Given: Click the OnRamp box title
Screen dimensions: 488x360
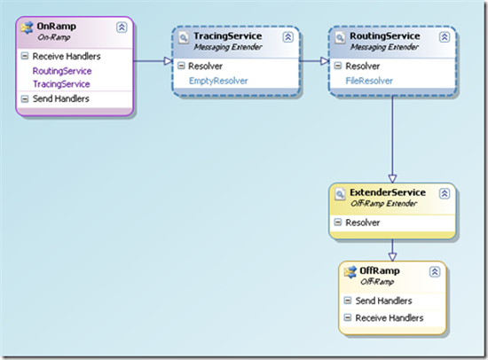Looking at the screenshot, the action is [x=56, y=26].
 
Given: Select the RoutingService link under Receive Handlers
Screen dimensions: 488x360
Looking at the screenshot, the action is [x=62, y=71].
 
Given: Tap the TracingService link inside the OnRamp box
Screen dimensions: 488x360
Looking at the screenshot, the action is [x=61, y=84].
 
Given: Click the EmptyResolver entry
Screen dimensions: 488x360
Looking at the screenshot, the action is [x=218, y=81].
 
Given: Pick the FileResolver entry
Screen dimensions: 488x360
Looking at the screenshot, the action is [x=369, y=81].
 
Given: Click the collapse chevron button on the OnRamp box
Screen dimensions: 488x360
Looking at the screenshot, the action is [x=122, y=27].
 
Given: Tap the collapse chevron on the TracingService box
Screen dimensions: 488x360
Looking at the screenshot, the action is [x=287, y=37].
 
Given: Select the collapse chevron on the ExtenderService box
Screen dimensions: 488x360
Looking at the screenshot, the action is [x=445, y=193].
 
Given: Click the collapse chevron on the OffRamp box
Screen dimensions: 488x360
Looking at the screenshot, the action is [x=435, y=271].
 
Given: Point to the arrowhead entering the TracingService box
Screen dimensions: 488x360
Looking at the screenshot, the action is [x=169, y=61].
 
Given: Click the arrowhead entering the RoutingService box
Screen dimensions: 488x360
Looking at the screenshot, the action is [x=325, y=61].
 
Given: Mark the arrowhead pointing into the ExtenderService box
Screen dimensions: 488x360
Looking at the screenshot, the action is [x=392, y=178].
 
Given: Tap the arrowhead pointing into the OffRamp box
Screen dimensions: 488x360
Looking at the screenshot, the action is [x=392, y=256].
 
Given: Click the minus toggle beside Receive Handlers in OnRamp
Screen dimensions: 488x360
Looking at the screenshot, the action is [x=24, y=56].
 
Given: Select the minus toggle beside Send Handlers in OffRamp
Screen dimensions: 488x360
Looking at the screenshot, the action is [x=347, y=301].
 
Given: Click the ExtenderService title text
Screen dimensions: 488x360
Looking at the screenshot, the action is [x=388, y=192].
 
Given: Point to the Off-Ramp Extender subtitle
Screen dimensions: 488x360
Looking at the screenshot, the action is [x=383, y=203].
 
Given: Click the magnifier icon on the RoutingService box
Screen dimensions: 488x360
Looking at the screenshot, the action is [x=340, y=37].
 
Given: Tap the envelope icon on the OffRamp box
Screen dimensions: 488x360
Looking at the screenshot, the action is [x=350, y=272].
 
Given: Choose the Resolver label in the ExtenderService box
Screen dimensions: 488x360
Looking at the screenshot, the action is [x=363, y=223].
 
